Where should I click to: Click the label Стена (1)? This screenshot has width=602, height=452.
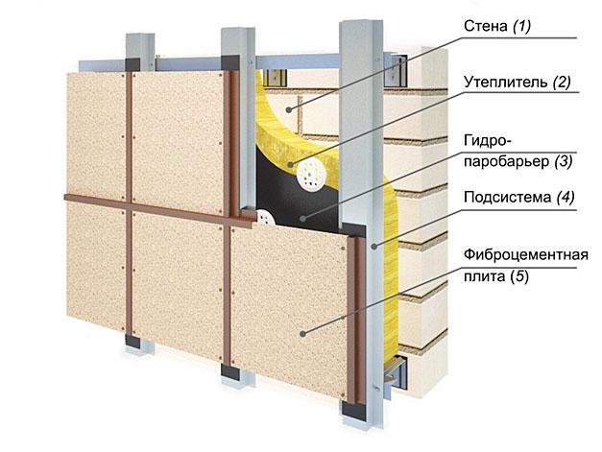point(497,26)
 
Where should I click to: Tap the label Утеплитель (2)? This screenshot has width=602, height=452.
point(518,83)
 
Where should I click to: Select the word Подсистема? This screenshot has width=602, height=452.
point(508,198)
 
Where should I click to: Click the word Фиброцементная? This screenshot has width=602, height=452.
point(526,255)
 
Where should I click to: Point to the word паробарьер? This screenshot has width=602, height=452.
point(507,161)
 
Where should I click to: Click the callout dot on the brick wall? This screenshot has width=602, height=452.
point(288,110)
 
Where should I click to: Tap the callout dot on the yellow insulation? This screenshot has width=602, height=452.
point(291,165)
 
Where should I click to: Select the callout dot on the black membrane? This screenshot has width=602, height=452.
point(302,219)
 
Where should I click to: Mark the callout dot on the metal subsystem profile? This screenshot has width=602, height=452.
point(375,247)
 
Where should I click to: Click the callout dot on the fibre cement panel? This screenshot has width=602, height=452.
point(302,334)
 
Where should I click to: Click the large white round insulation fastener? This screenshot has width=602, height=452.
point(311,175)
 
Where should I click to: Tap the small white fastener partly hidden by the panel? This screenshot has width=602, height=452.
point(265,218)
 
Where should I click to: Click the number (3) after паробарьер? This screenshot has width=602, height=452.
point(563,161)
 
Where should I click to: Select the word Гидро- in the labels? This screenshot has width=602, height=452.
point(488,140)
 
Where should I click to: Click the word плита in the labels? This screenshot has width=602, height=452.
point(485,276)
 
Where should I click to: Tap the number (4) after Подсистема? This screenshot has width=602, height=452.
point(566,198)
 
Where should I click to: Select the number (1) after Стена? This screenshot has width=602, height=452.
point(521,26)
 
